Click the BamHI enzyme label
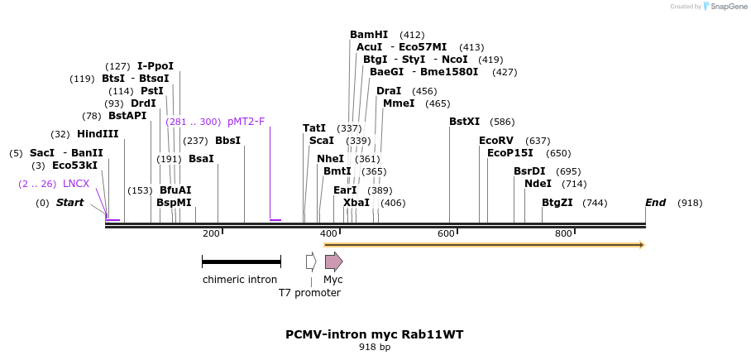pyautogui.click(x=369, y=35)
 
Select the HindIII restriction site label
pyautogui.click(x=98, y=134)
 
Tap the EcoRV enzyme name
pyautogui.click(x=496, y=141)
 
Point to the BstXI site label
pyautogui.click(x=464, y=122)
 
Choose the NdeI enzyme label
pyautogui.click(x=538, y=184)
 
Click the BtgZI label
pyautogui.click(x=557, y=203)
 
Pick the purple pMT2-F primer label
pyautogui.click(x=246, y=122)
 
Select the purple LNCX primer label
pyautogui.click(x=76, y=184)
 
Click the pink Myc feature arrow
pyautogui.click(x=333, y=262)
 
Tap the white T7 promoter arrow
pyautogui.click(x=311, y=262)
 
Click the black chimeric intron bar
pyautogui.click(x=242, y=262)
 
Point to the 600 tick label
pyautogui.click(x=446, y=234)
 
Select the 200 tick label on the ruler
pyautogui.click(x=211, y=234)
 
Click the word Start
pyautogui.click(x=69, y=203)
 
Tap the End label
pyautogui.click(x=655, y=203)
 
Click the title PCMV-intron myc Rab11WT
pyautogui.click(x=374, y=334)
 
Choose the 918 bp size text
pyautogui.click(x=374, y=348)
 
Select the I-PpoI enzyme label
pyautogui.click(x=155, y=66)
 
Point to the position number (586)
pyautogui.click(x=502, y=122)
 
